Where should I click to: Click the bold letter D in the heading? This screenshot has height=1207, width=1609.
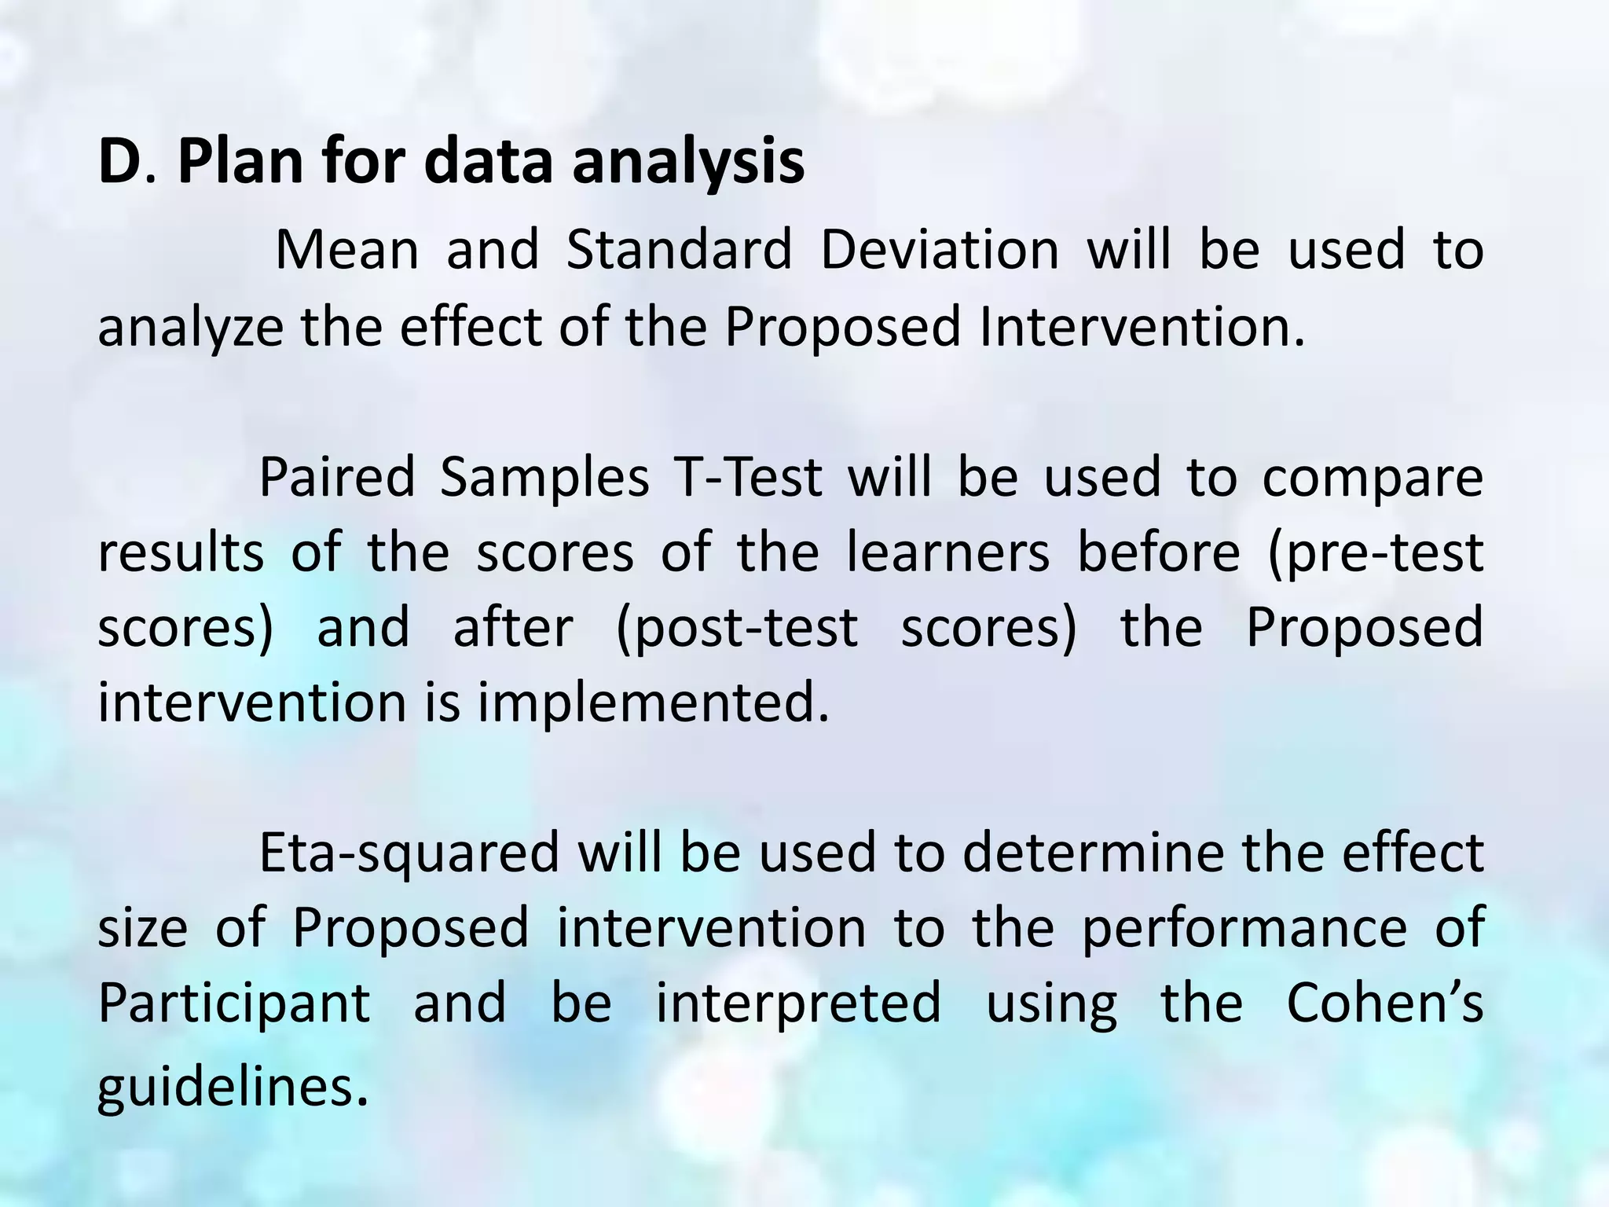point(118,161)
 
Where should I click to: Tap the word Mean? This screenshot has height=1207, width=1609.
point(347,250)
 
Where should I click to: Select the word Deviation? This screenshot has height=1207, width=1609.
point(940,250)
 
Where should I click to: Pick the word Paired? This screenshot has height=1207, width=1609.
point(336,477)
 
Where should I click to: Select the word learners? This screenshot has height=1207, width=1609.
point(947,552)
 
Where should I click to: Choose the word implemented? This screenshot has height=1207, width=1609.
point(653,702)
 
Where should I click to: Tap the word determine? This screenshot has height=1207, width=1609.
point(1093,853)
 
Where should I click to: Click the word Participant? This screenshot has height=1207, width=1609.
point(234,1004)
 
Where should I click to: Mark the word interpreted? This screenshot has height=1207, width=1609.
point(798,1004)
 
